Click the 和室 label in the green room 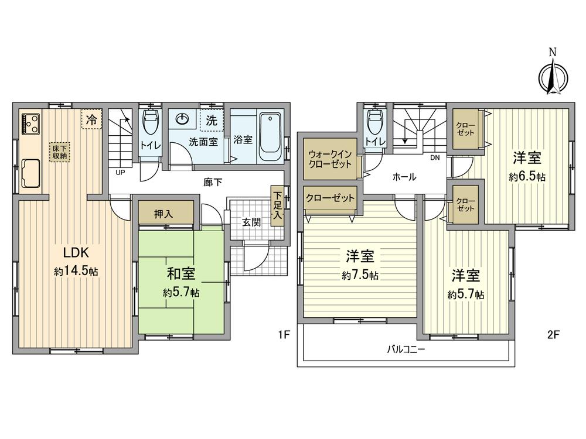tap(181, 273)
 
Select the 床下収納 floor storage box tap(58, 152)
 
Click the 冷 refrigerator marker tap(91, 119)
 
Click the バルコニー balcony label tap(406, 350)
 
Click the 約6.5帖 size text tap(527, 176)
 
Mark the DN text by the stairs tap(435, 157)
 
